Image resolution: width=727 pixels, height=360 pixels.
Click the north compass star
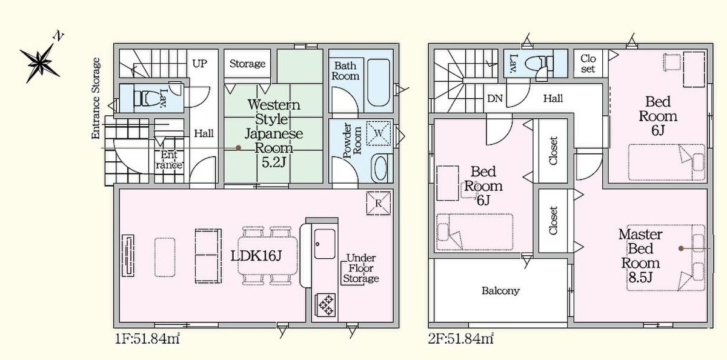[x=41, y=62]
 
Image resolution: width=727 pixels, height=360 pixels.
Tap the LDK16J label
[x=256, y=256]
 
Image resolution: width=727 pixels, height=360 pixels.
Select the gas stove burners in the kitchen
[x=326, y=304]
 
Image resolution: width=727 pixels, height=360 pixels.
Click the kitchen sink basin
[x=325, y=244]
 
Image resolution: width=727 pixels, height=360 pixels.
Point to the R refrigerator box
[x=379, y=203]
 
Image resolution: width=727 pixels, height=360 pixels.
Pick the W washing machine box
[x=379, y=133]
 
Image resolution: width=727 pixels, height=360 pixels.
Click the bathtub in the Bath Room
[x=379, y=83]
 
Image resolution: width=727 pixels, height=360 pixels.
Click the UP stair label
[x=199, y=63]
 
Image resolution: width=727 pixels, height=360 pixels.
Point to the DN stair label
[x=495, y=98]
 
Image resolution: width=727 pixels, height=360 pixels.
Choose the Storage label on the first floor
[x=247, y=64]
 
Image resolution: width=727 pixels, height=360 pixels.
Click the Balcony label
[x=500, y=290]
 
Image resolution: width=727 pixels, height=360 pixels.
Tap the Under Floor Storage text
[x=361, y=268]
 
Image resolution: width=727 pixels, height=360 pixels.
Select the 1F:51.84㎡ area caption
[x=147, y=339]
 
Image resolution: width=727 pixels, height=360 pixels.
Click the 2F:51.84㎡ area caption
[x=461, y=339]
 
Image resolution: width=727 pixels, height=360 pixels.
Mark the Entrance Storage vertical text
[x=96, y=98]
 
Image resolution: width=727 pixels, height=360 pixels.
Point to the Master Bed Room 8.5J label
[x=640, y=256]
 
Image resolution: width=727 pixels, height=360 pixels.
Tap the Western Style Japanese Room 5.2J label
[x=274, y=133]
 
